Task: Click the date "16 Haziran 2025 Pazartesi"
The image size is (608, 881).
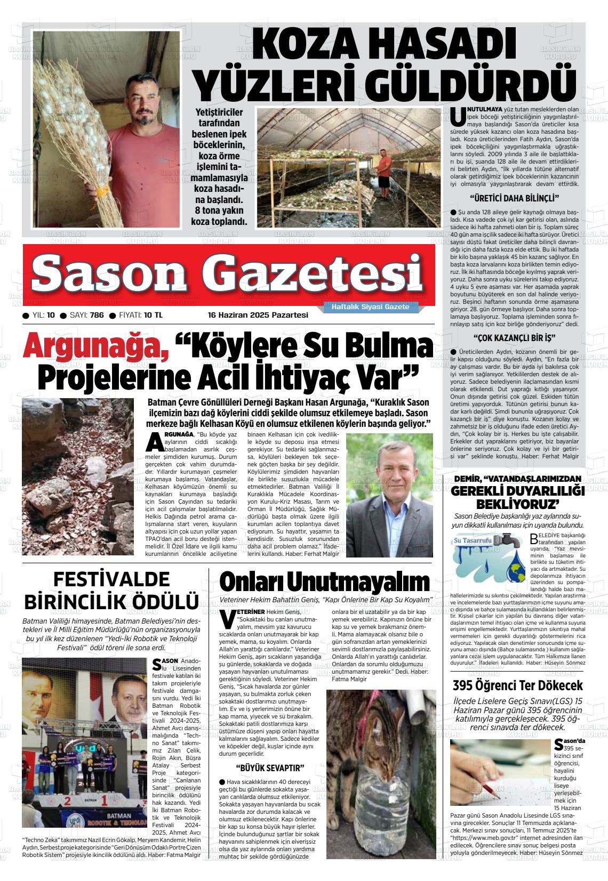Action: [x=258, y=315]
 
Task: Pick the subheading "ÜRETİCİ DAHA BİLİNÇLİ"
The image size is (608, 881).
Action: [x=514, y=199]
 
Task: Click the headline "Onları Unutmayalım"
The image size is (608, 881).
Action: [x=324, y=581]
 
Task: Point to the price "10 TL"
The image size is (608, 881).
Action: [x=153, y=315]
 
